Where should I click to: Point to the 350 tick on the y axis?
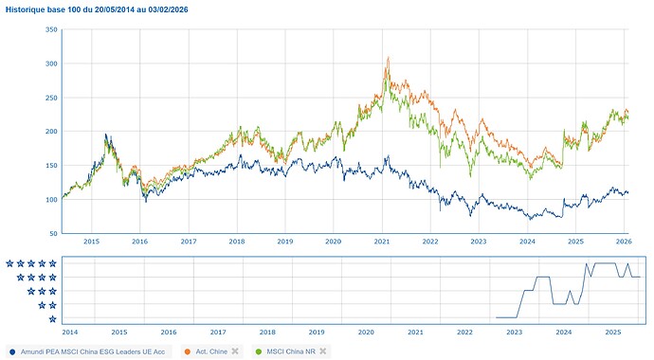point(51,30)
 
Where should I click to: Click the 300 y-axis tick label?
point(51,64)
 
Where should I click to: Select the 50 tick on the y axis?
point(53,233)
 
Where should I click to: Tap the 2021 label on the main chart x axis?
point(382,243)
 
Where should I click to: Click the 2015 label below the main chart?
point(91,243)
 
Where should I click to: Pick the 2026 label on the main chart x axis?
point(623,243)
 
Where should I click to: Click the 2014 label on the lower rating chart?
point(70,333)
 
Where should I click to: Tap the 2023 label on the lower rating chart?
point(515,333)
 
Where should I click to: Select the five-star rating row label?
point(31,263)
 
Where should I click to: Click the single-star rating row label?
point(51,319)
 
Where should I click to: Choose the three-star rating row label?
point(42,292)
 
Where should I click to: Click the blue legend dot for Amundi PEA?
point(11,351)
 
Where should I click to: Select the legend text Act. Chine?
point(210,351)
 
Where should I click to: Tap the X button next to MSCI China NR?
point(323,351)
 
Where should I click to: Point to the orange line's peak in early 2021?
point(388,59)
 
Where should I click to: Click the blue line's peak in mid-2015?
point(106,135)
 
